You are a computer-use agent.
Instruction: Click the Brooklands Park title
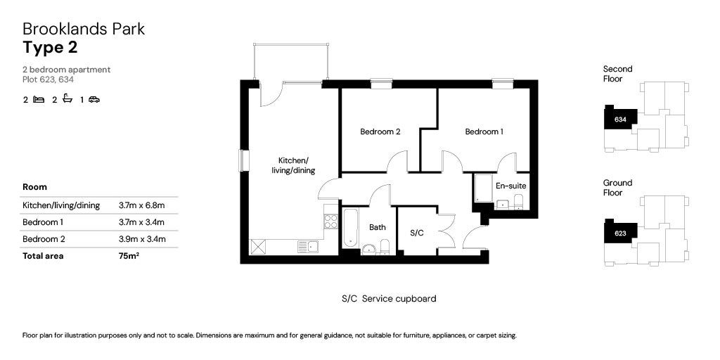tap(84, 29)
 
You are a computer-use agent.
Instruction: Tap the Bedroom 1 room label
tap(484, 131)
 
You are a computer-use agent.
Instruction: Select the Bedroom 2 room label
tap(380, 131)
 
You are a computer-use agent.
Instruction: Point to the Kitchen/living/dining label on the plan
tap(293, 165)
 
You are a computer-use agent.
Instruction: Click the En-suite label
tap(510, 186)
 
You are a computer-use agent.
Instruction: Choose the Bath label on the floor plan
tap(378, 227)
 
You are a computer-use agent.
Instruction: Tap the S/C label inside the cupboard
tap(416, 232)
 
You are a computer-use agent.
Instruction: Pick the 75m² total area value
tap(129, 256)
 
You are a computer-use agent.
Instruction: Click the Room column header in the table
tap(34, 187)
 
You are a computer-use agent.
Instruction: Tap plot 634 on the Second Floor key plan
tap(620, 120)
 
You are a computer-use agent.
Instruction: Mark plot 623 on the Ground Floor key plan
tap(620, 233)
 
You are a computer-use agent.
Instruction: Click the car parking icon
tap(94, 100)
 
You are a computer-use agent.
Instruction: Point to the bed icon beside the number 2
tap(39, 100)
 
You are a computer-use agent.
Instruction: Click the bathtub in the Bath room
tap(351, 227)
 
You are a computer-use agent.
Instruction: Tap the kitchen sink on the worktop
tap(307, 246)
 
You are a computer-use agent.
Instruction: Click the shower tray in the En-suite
tap(483, 188)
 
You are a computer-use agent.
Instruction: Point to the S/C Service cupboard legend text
tap(388, 299)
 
